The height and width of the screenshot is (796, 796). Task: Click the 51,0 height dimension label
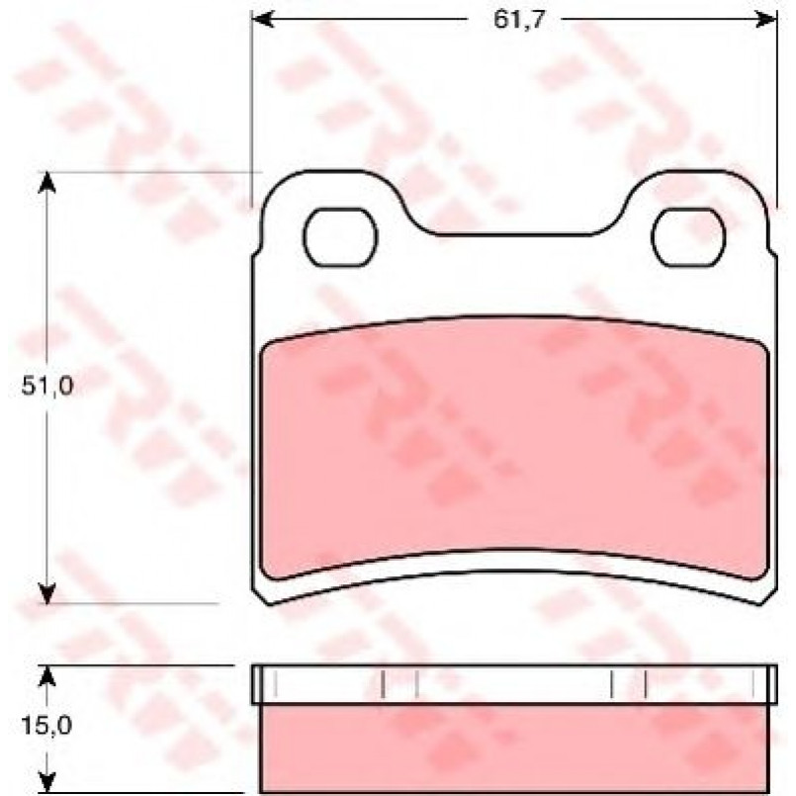tap(47, 386)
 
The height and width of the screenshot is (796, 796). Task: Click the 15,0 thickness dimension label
tap(46, 726)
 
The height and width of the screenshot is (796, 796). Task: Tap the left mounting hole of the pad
tap(340, 237)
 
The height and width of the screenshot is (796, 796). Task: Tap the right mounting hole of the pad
tap(688, 237)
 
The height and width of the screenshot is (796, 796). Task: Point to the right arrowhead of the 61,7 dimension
tap(765, 20)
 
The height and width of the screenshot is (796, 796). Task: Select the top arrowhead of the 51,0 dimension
tap(46, 182)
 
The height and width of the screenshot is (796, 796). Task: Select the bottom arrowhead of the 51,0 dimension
tap(46, 593)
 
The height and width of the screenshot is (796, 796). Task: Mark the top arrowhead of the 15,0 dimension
tap(46, 676)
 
